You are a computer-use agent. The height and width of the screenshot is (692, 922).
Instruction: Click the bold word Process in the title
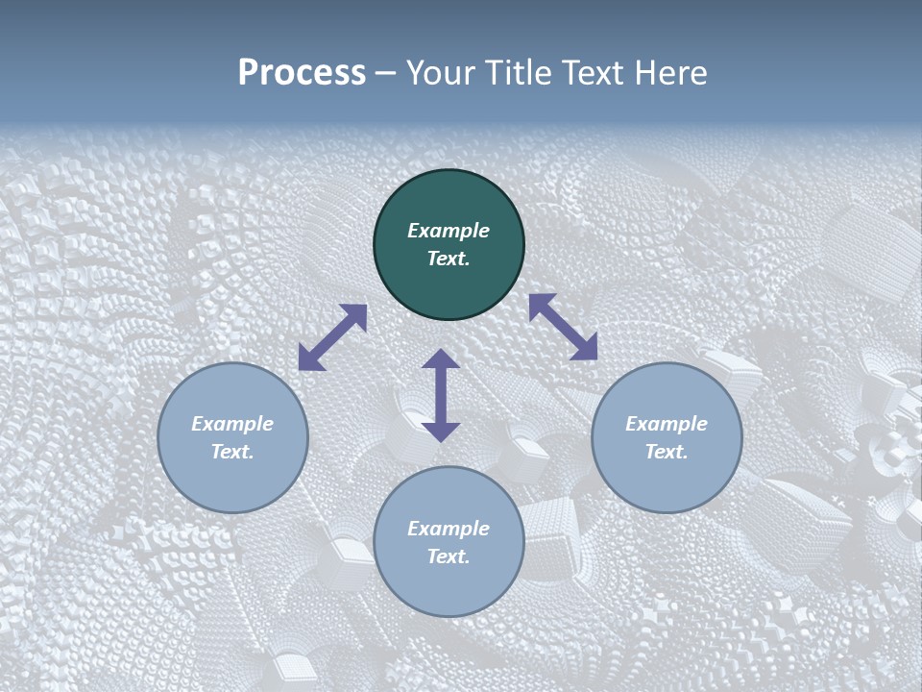[x=302, y=73]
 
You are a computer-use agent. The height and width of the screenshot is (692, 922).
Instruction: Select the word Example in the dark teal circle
[x=449, y=231]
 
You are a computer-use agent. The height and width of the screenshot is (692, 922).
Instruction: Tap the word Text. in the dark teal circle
[x=449, y=259]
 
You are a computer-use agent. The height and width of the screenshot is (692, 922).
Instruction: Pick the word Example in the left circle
[x=232, y=424]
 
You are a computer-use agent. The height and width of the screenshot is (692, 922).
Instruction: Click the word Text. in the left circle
[x=232, y=453]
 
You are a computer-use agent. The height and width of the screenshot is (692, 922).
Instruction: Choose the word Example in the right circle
[x=667, y=424]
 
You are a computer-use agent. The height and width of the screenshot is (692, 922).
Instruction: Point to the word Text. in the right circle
[x=667, y=453]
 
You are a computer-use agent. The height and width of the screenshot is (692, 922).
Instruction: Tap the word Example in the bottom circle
[x=449, y=529]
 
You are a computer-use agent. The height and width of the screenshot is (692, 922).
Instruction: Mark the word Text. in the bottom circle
[x=449, y=557]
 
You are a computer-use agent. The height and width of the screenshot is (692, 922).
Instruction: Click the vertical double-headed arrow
[x=441, y=395]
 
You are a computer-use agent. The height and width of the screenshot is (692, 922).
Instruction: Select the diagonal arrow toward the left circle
[x=333, y=337]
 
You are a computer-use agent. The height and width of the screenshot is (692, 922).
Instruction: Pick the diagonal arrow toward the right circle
[x=563, y=327]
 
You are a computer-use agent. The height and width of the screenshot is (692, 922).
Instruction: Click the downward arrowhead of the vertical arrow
[x=441, y=432]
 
